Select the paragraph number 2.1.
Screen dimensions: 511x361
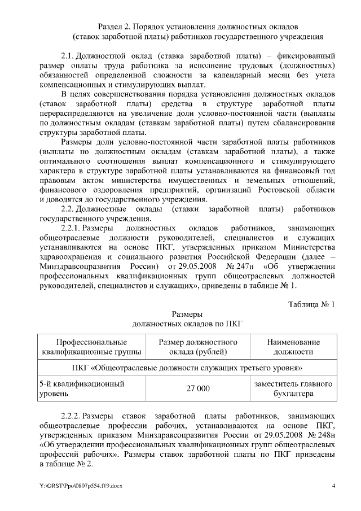coord(68,56)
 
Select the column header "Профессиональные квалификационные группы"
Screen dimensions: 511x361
coord(91,347)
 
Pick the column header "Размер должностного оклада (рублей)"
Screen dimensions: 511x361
coord(197,347)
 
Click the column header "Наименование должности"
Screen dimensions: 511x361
coord(293,347)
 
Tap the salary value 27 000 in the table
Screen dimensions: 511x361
coord(197,388)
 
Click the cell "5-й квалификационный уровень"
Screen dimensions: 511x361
coord(81,388)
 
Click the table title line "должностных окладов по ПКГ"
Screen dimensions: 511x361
coord(187,324)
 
